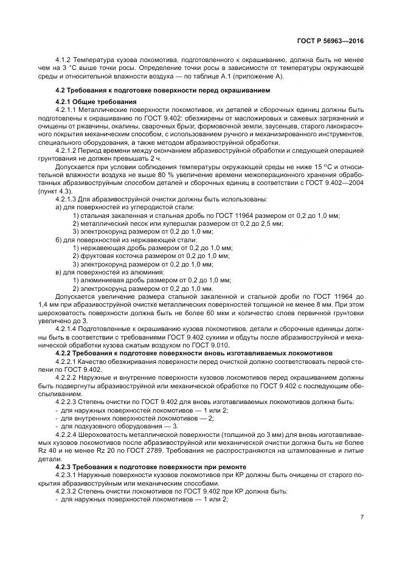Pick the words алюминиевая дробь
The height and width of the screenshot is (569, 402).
114,279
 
